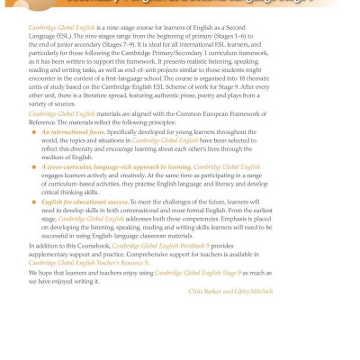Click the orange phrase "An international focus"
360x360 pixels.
click(x=74, y=157)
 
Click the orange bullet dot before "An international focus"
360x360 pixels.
click(x=33, y=157)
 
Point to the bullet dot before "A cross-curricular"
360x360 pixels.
click(x=33, y=193)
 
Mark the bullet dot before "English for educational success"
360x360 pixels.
click(x=33, y=227)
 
